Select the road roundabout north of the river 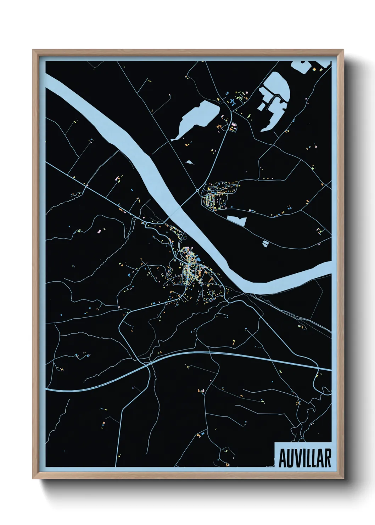[197, 190]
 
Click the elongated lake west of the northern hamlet [196, 119]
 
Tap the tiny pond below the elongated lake [190, 162]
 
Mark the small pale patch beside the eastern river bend [265, 243]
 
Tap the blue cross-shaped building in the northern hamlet [233, 102]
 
